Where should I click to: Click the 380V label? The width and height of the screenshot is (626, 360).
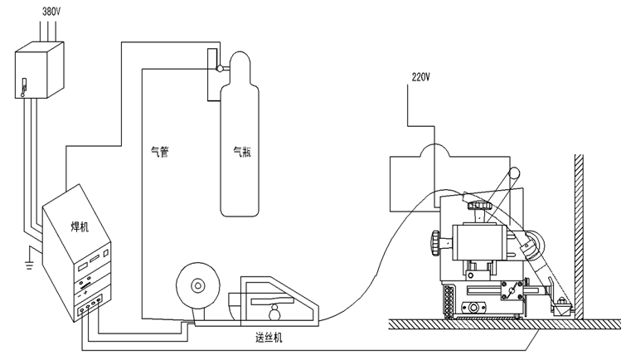click(x=40, y=13)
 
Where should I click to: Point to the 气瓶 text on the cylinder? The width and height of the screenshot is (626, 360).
click(x=241, y=152)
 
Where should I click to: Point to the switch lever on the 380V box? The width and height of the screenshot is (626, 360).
click(x=24, y=86)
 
